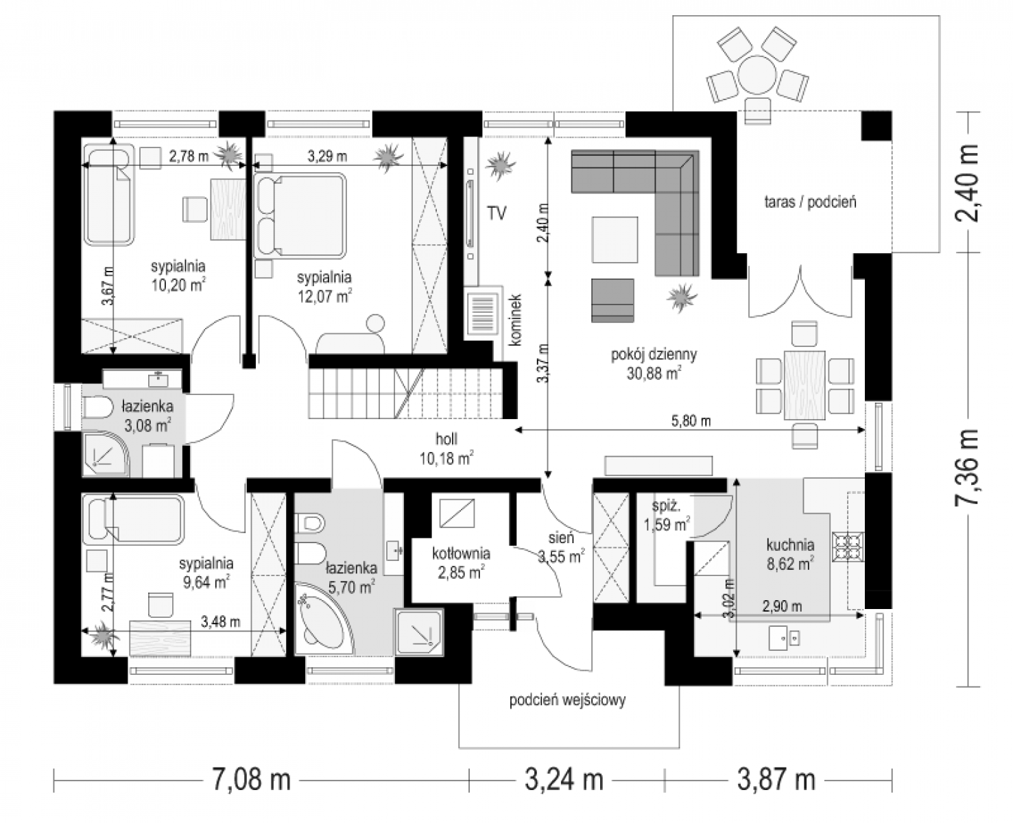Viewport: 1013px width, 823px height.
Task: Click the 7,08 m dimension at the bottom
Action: click(251, 780)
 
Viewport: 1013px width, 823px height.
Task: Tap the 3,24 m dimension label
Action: click(564, 780)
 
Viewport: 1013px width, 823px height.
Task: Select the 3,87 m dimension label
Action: click(776, 780)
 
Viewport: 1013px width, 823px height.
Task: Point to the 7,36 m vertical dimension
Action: click(967, 467)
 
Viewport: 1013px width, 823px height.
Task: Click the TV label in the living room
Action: click(497, 213)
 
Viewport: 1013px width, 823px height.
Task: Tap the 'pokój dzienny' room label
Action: click(654, 355)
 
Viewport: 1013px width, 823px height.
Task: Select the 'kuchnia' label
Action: click(790, 545)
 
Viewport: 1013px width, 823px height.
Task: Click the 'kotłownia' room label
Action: click(461, 553)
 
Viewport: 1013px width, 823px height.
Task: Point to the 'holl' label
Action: click(446, 439)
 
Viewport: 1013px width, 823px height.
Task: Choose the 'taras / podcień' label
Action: click(811, 202)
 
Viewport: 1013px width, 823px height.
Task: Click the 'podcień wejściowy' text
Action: click(567, 700)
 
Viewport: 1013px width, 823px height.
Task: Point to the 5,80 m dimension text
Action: click(691, 421)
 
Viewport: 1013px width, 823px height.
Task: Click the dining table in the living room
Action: click(805, 385)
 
